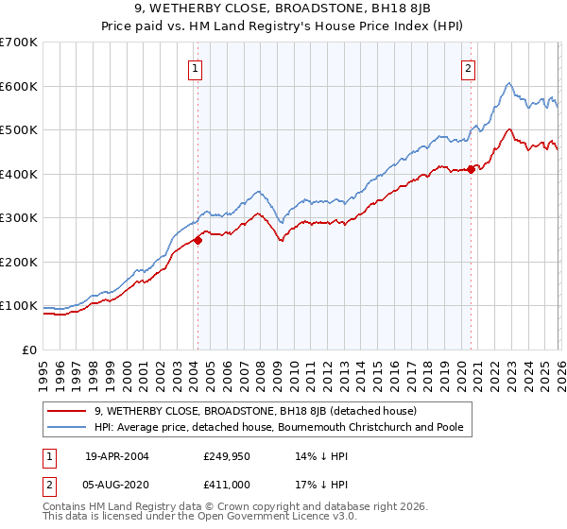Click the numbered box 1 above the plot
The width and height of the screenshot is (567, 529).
(195, 68)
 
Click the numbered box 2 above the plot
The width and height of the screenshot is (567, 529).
(468, 68)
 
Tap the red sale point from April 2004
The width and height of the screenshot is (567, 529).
(198, 240)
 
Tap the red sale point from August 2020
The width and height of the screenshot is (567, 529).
(472, 170)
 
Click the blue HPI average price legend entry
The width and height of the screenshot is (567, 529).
(283, 428)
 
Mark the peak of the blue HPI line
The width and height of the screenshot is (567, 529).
(508, 83)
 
